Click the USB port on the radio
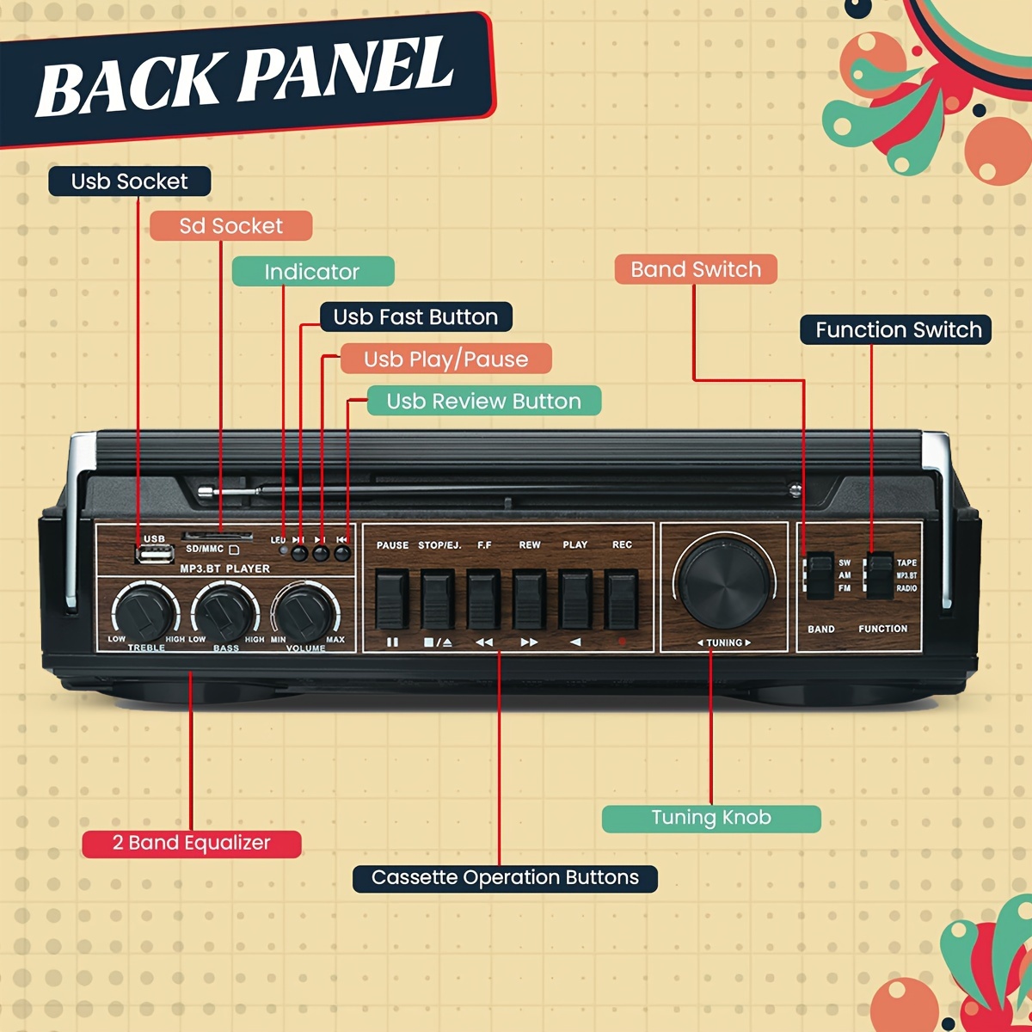(154, 554)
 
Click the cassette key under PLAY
(575, 599)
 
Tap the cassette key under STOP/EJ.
(437, 599)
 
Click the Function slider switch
(879, 575)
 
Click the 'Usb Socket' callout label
(129, 181)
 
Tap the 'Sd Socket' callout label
(230, 226)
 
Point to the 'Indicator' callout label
(312, 272)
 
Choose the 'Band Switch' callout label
(696, 269)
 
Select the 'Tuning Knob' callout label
(711, 818)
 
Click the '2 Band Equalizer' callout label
(192, 844)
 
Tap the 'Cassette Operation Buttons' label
(505, 878)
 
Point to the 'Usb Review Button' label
(483, 402)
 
